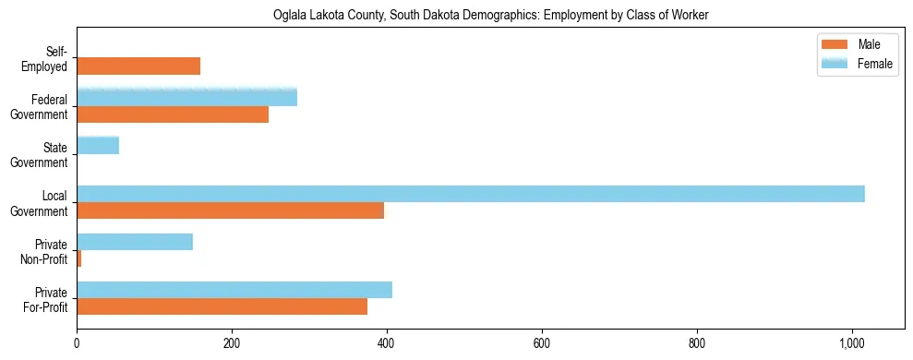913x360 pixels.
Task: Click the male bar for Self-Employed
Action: point(138,66)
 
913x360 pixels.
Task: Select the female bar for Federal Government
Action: point(186,98)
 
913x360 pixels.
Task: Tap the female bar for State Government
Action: point(98,146)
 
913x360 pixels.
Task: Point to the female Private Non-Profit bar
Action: point(135,242)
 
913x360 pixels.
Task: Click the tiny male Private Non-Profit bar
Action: point(79,258)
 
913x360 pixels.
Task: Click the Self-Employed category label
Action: point(50,60)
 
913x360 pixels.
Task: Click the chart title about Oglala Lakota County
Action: point(490,16)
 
